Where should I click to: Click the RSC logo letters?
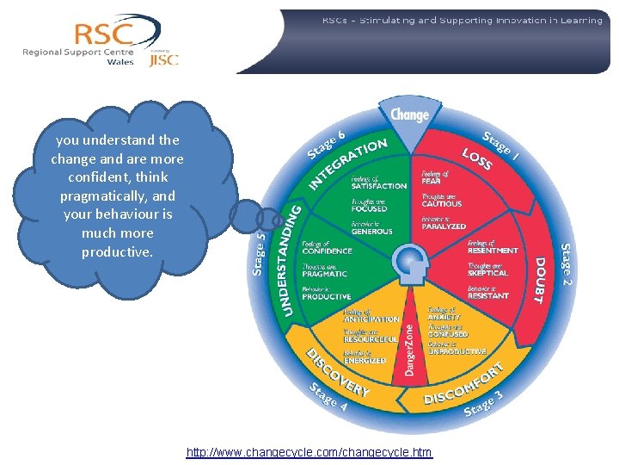(x=103, y=35)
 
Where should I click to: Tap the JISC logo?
(x=163, y=59)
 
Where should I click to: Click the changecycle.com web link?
(x=309, y=452)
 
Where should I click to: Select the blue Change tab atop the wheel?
(x=409, y=115)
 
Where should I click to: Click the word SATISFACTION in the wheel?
(x=379, y=186)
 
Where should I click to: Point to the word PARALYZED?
(x=444, y=226)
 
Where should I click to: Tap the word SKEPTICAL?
(x=488, y=273)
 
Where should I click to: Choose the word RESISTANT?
(x=488, y=295)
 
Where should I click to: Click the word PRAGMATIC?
(x=325, y=274)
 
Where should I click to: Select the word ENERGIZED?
(x=365, y=361)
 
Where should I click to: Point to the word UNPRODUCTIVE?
(x=457, y=351)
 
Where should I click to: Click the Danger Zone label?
(x=409, y=350)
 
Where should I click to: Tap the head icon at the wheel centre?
(x=408, y=263)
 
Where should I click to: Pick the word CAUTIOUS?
(x=442, y=204)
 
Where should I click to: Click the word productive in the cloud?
(x=117, y=252)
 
